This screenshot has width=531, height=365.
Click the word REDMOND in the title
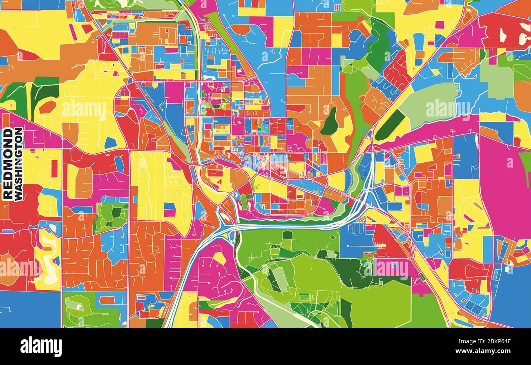point(7,164)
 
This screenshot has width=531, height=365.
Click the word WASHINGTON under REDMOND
point(18,164)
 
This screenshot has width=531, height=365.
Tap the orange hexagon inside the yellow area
point(47,107)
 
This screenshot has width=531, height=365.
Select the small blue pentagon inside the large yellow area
point(110,143)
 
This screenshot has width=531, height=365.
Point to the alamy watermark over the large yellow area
point(84,110)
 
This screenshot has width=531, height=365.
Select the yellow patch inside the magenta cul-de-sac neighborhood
point(219,258)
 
